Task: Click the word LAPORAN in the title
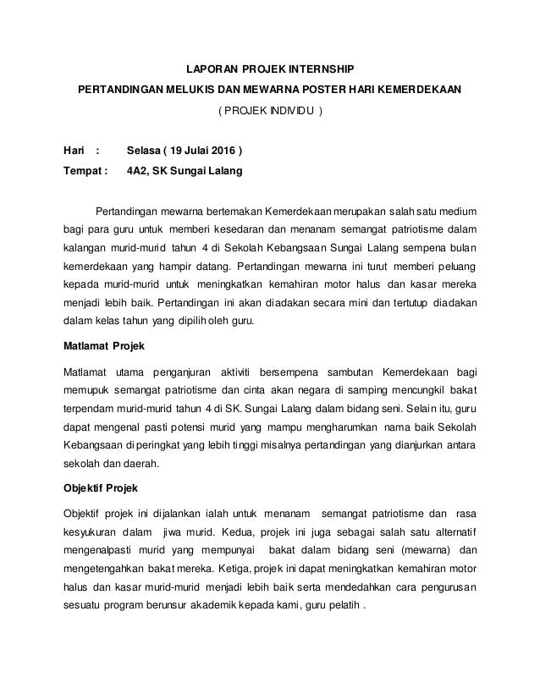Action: click(x=208, y=69)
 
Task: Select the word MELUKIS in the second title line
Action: click(x=197, y=91)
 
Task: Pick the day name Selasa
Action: click(x=145, y=153)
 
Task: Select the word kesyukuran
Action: click(x=92, y=534)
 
